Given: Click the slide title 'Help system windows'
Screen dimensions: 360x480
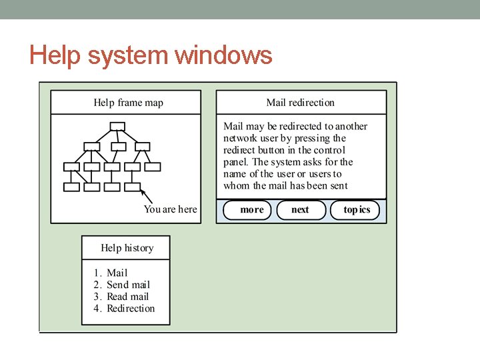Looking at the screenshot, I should click(151, 55).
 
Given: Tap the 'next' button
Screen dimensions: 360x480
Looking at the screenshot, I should click(300, 210).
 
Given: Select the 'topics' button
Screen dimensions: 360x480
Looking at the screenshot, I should click(356, 210).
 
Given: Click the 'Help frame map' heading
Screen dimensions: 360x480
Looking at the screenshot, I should click(128, 103).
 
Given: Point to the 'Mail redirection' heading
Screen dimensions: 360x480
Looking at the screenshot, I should click(300, 103).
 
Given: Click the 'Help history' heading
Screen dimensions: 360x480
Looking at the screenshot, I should click(127, 248).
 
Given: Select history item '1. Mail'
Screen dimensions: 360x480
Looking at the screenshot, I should click(111, 273).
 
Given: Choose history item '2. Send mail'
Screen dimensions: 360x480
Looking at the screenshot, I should click(121, 285).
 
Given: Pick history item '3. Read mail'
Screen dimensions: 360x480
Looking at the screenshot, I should click(121, 297).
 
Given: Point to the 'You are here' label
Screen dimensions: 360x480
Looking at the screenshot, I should click(170, 209).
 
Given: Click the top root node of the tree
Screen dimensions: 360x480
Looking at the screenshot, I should click(117, 126).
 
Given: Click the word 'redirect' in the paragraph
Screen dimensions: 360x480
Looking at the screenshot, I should click(239, 150).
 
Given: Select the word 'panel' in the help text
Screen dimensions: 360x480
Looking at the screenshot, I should click(235, 162).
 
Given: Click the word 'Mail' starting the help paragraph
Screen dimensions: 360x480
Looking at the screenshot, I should click(233, 126).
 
